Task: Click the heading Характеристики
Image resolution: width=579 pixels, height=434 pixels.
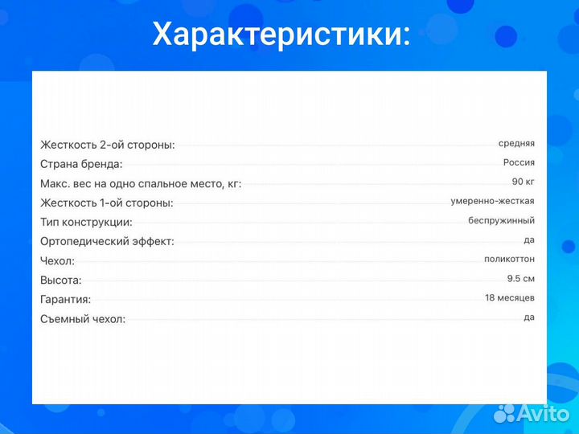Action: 281,35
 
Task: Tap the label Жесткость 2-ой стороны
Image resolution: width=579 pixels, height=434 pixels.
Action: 108,145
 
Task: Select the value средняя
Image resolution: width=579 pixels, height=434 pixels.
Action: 516,143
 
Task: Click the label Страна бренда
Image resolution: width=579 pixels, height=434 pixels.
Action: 81,164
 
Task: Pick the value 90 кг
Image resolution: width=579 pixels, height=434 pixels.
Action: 523,182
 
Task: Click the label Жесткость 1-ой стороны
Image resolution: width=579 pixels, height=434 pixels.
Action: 107,203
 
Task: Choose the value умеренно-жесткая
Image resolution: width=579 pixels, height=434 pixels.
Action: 492,201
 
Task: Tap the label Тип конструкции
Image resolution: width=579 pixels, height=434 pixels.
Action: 86,223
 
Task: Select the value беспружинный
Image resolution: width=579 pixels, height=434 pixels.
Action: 502,220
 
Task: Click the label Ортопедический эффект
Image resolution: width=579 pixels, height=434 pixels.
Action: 107,241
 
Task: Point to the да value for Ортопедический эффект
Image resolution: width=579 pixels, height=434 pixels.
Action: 529,240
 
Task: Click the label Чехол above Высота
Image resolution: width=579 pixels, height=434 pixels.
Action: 57,261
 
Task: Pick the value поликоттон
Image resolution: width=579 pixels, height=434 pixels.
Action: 509,259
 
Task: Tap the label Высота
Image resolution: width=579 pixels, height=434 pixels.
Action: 60,280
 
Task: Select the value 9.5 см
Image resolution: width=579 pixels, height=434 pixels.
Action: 520,278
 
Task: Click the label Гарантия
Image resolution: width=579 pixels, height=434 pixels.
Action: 65,300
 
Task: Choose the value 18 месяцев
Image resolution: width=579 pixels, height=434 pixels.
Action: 509,297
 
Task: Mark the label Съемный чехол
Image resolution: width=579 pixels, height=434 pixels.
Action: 83,319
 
